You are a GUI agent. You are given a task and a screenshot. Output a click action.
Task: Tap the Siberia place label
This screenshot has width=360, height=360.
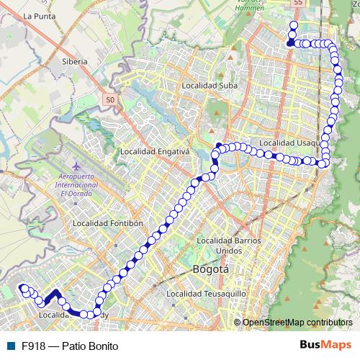[x=75, y=62]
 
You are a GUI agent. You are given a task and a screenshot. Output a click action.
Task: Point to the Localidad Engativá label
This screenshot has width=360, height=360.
[x=154, y=152]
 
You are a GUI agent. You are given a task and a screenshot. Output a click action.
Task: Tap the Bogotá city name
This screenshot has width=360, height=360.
[x=211, y=269]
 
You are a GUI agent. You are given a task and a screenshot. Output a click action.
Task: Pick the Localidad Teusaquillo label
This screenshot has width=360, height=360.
[x=206, y=294]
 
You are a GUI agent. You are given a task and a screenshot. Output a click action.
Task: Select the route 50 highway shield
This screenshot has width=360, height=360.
[x=109, y=99]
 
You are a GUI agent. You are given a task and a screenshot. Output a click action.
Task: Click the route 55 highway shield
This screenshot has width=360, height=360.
[x=298, y=4]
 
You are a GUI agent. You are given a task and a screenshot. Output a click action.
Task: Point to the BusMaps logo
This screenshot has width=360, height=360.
[x=325, y=345]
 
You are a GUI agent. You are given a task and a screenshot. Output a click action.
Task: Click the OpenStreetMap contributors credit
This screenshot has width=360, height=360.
[x=297, y=322]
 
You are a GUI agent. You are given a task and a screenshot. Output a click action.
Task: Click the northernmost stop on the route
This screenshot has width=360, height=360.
[x=293, y=26]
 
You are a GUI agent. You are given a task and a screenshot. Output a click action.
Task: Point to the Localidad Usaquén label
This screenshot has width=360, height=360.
[x=288, y=143]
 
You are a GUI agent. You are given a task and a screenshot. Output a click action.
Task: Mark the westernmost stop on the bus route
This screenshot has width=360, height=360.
[x=24, y=289]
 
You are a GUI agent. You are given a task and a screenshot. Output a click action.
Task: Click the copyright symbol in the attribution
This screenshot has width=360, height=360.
[x=238, y=322]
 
